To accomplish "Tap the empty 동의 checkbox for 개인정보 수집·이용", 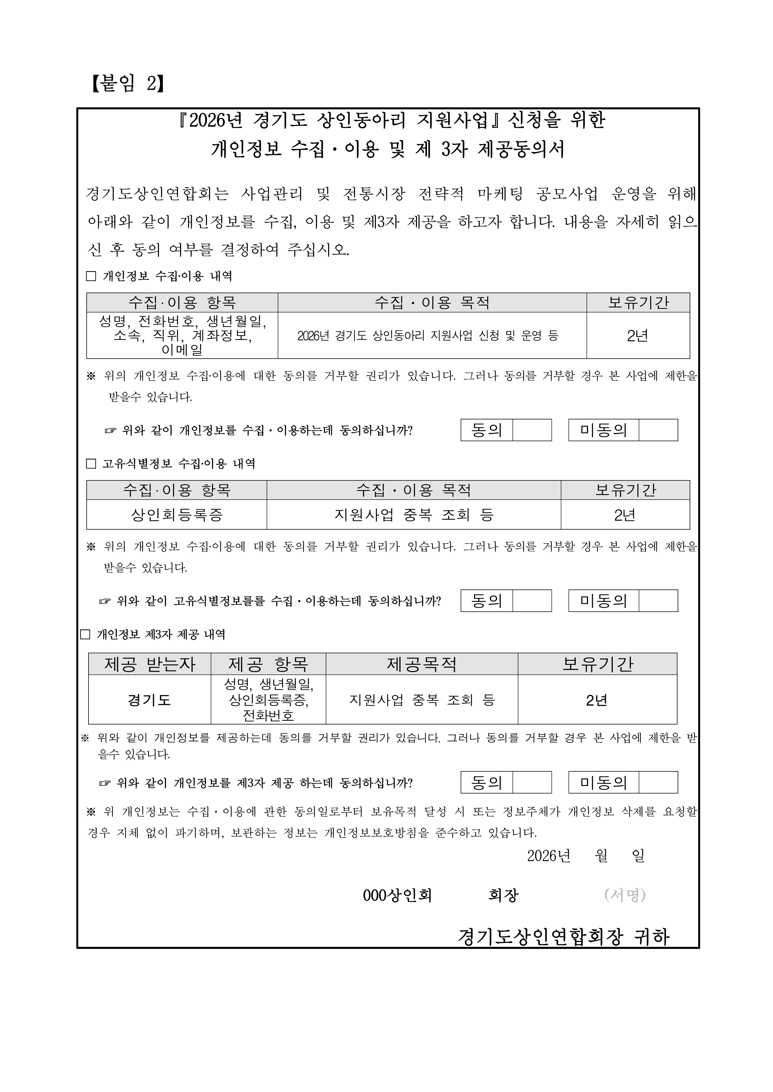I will [532, 430].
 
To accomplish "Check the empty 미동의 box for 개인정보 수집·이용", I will [658, 430].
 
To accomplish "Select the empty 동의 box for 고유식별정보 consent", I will [532, 600].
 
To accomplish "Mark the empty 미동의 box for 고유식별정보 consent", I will [658, 600].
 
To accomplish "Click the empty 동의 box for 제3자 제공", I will [532, 782].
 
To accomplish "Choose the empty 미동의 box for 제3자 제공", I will [658, 782].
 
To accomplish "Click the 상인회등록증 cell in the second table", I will [177, 515].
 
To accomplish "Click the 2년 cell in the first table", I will [638, 336].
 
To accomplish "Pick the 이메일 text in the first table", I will [182, 350].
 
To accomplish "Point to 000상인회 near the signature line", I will [397, 895].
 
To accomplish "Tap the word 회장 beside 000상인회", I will [503, 895].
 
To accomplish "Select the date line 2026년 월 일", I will [585, 856].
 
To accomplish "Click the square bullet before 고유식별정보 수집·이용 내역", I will [91, 464].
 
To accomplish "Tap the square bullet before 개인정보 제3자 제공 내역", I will [85, 634].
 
